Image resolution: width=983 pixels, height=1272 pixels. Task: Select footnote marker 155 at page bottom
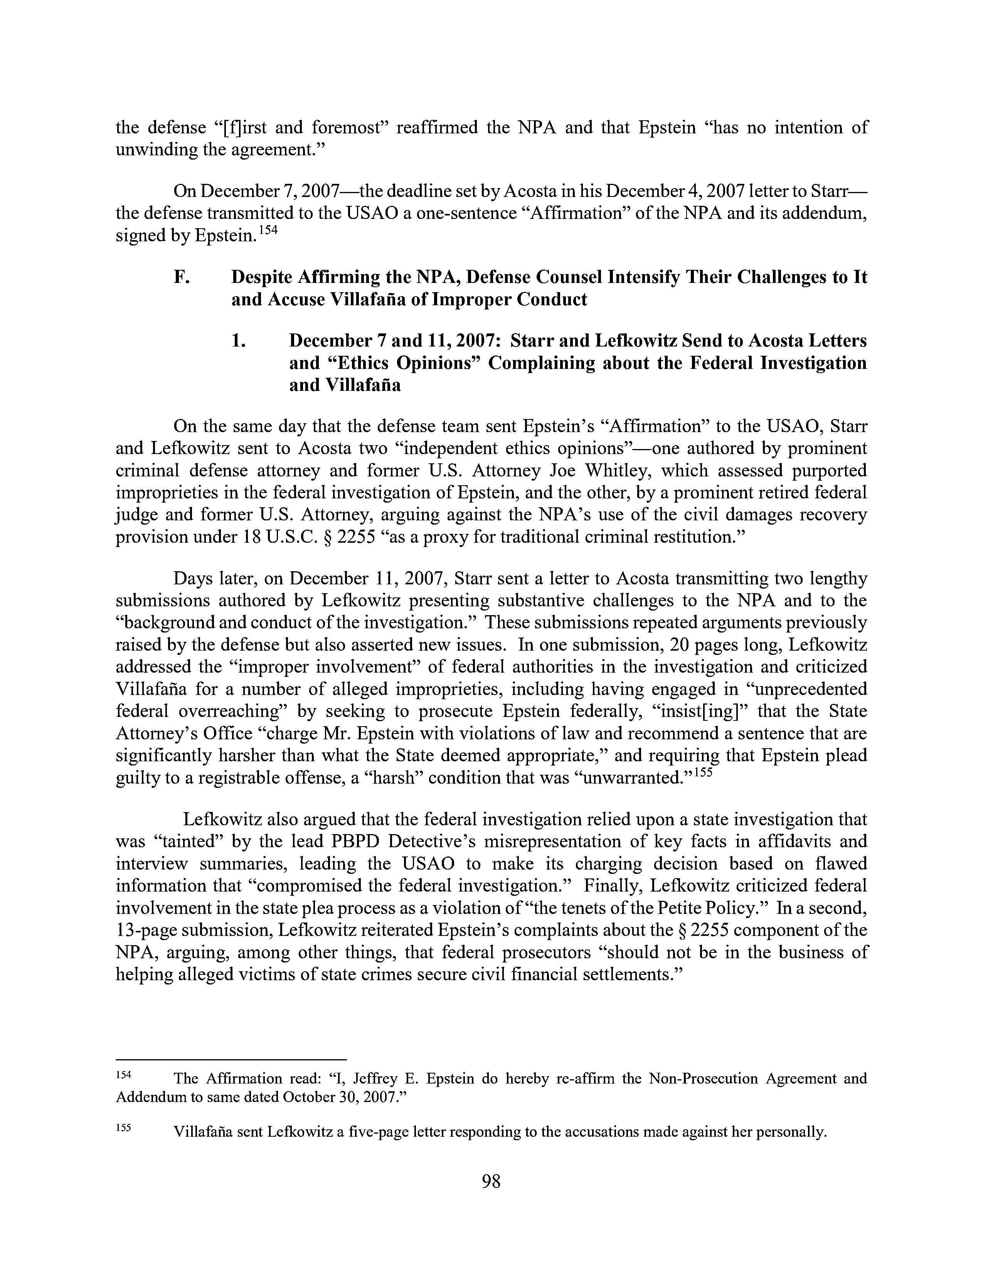(x=125, y=1127)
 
